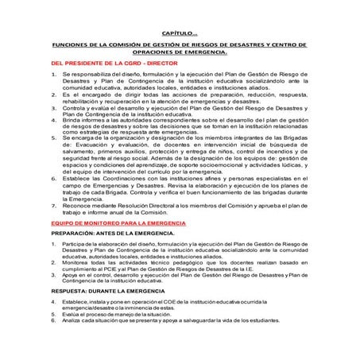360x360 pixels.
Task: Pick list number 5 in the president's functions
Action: click(x=53, y=137)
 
